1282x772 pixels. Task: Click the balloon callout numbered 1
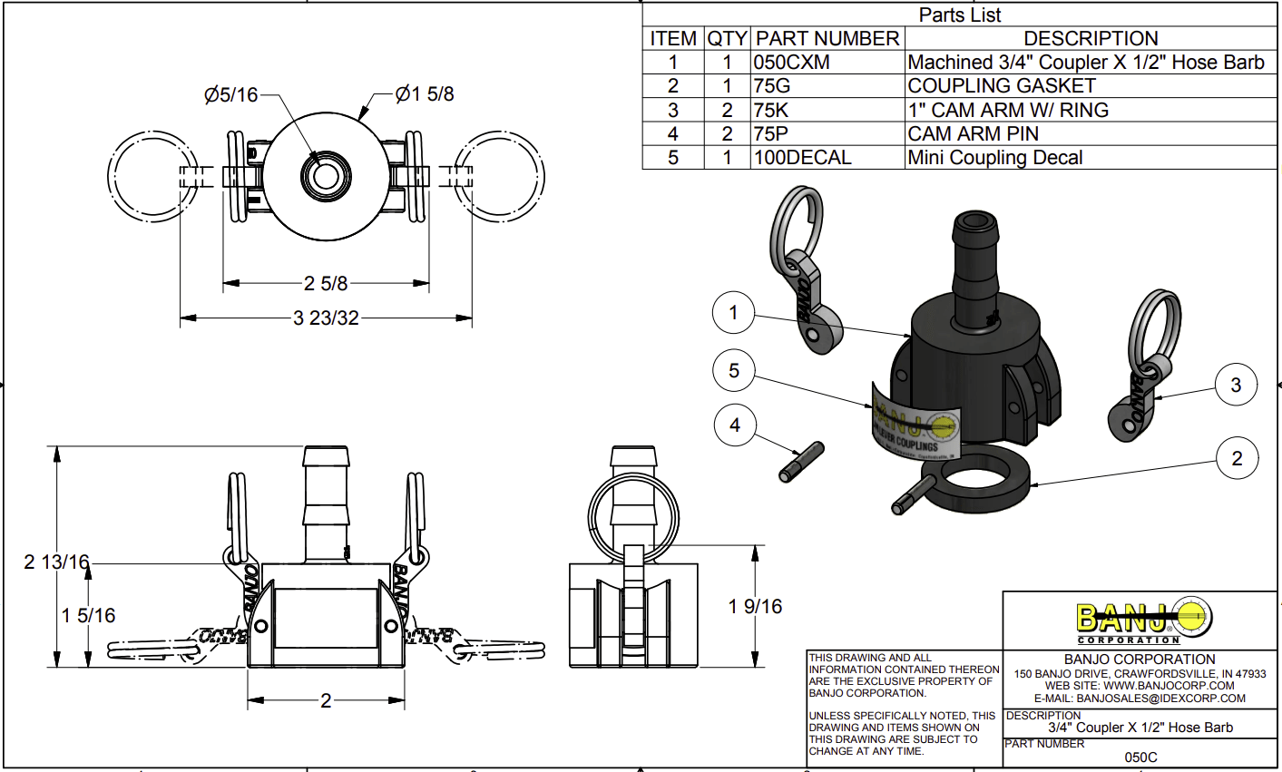tap(734, 314)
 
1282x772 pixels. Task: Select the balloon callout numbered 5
tap(734, 371)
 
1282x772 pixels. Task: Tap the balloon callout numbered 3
tap(1235, 385)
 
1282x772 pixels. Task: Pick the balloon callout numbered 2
tap(1237, 458)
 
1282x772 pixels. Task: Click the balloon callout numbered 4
tap(735, 425)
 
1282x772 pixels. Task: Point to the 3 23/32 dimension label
tap(326, 318)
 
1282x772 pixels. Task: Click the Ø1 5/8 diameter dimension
tap(425, 93)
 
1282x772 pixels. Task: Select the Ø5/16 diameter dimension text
tap(230, 94)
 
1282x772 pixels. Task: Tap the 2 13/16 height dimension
tap(56, 562)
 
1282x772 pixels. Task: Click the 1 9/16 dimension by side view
tap(755, 606)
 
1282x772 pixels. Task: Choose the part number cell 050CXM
tap(792, 63)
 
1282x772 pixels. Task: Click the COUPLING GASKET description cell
tap(1002, 86)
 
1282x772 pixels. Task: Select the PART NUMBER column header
tap(827, 39)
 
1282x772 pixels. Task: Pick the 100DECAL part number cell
tap(803, 158)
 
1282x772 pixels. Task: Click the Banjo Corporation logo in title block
tap(1141, 621)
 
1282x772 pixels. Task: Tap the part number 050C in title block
tap(1140, 757)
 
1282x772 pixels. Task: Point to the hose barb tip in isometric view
tap(974, 222)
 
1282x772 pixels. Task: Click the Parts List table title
tap(960, 15)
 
